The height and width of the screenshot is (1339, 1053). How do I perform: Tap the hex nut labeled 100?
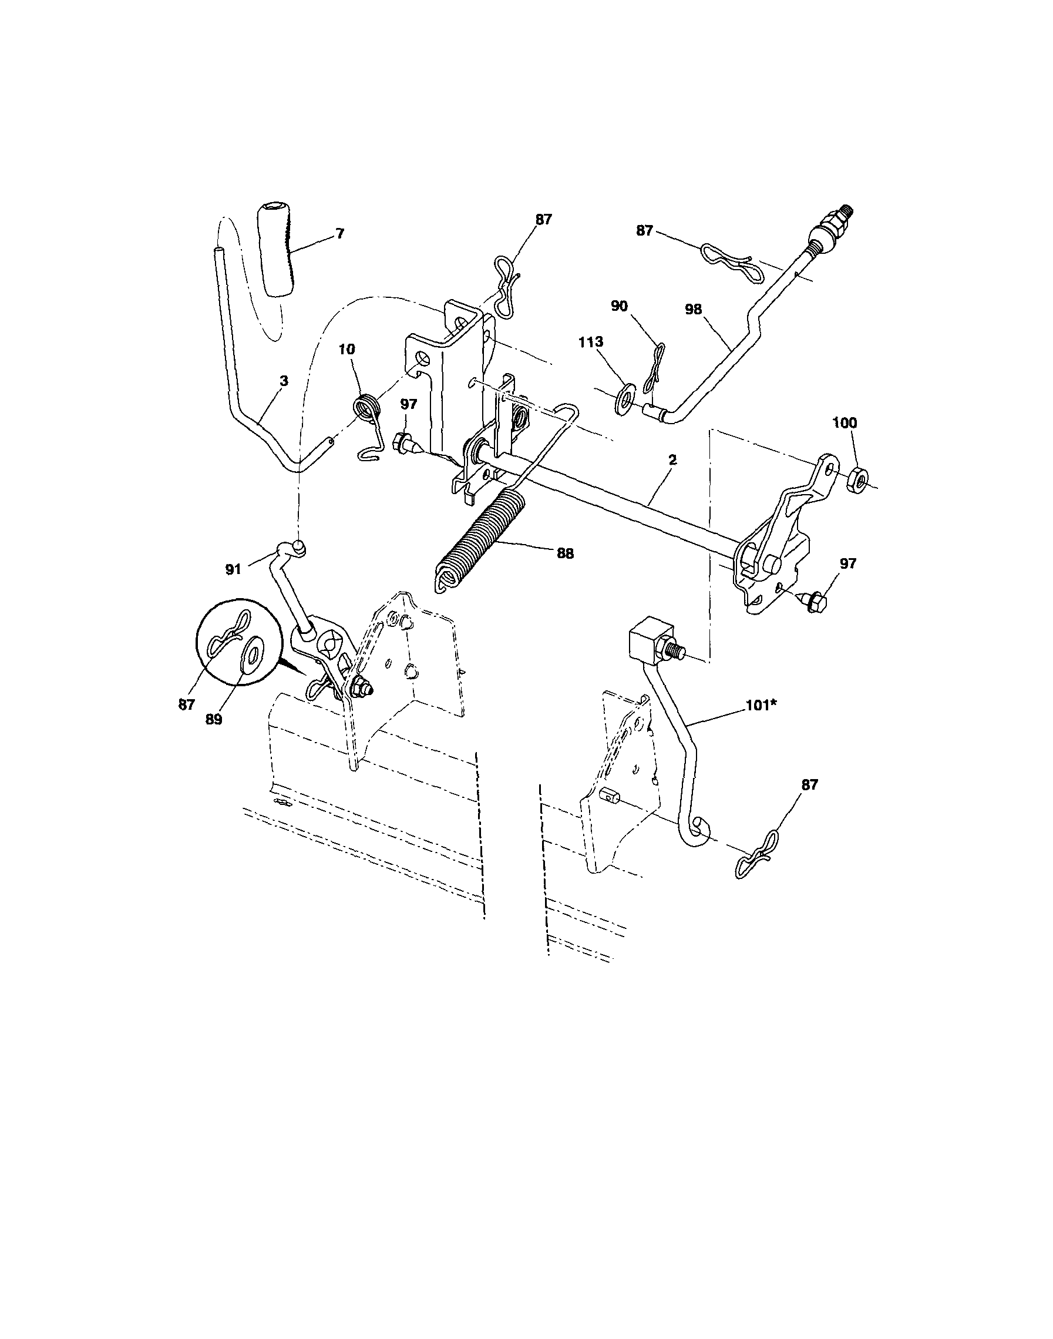tap(858, 479)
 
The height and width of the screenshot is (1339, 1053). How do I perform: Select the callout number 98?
tap(693, 310)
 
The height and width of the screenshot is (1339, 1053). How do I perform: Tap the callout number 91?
tap(233, 570)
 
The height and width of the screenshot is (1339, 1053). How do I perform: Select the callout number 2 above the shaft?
tap(672, 459)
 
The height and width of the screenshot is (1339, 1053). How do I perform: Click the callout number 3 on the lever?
tap(283, 381)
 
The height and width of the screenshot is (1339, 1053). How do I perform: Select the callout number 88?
tap(565, 554)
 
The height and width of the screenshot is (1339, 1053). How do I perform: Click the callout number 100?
tap(845, 423)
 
